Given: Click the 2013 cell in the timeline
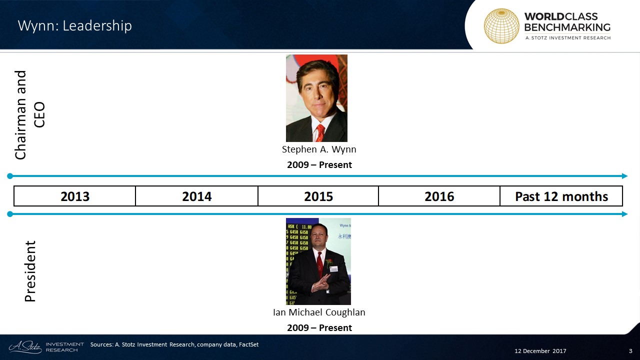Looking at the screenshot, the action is tap(75, 196).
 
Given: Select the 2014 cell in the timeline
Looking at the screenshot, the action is tap(196, 196).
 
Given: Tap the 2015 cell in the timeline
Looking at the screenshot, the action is tap(318, 196).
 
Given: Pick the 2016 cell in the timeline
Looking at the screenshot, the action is tap(439, 196).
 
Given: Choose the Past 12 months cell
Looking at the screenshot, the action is tap(561, 196).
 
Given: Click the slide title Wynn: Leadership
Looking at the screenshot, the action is tap(75, 25).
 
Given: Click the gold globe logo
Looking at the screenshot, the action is tap(501, 26).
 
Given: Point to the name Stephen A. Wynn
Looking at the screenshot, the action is tap(319, 149).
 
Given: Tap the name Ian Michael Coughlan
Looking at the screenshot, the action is tap(319, 312).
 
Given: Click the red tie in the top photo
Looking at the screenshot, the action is tap(320, 133).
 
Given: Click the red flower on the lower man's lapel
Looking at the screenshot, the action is tap(329, 261).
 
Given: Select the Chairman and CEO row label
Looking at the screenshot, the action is tap(29, 115).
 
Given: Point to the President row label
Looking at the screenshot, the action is tap(30, 271).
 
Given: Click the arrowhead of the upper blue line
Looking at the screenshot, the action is tap(625, 176).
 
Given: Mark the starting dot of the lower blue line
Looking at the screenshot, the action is tap(10, 214).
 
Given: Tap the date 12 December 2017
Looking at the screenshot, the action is tap(540, 351).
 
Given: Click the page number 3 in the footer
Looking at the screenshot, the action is tap(630, 351).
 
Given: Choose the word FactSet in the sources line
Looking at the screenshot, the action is tap(248, 344).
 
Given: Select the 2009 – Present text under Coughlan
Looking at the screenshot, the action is tap(319, 327).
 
